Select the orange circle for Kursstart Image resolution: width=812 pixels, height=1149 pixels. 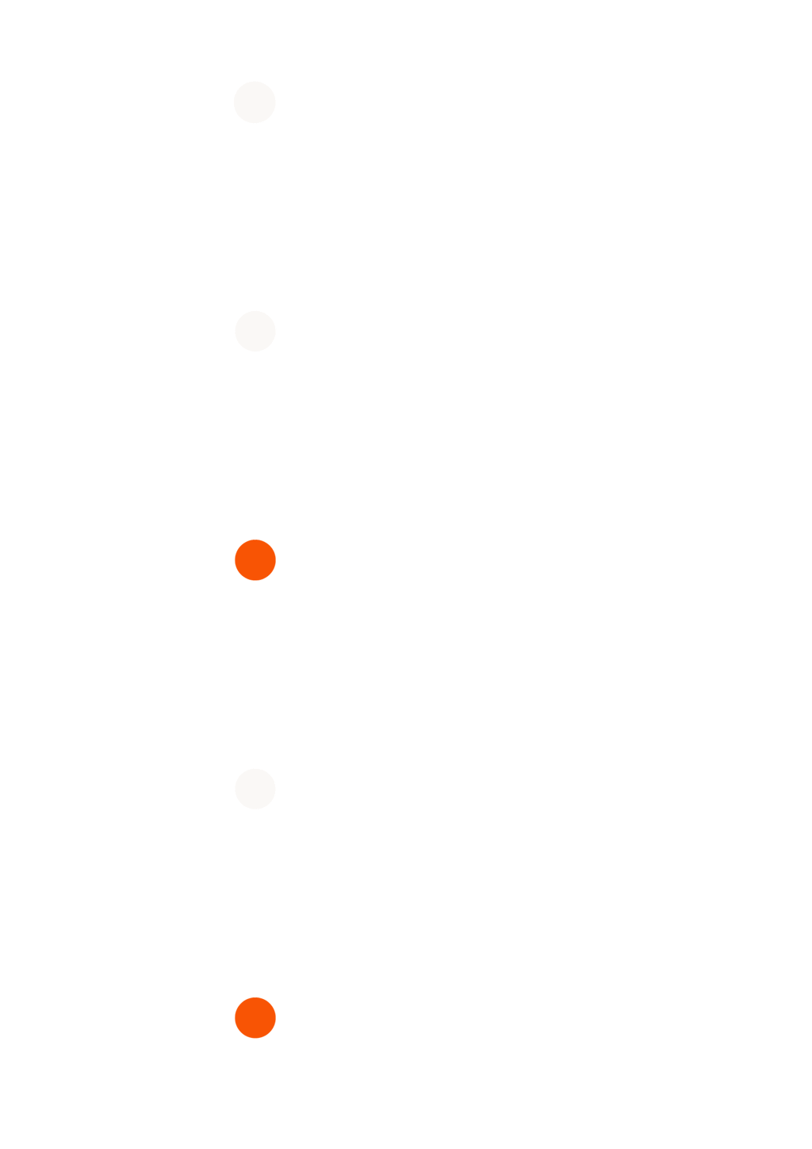(x=255, y=559)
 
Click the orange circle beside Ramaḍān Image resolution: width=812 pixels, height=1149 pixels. (x=255, y=1018)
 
